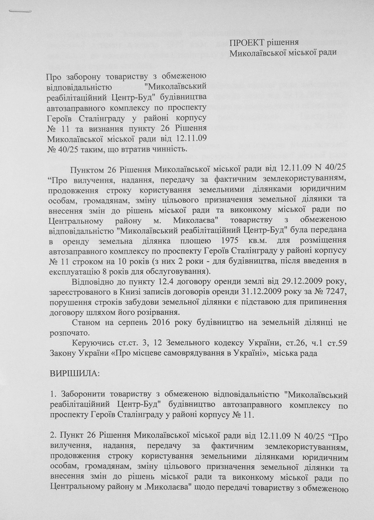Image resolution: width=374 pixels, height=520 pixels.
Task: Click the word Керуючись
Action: [90, 343]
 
